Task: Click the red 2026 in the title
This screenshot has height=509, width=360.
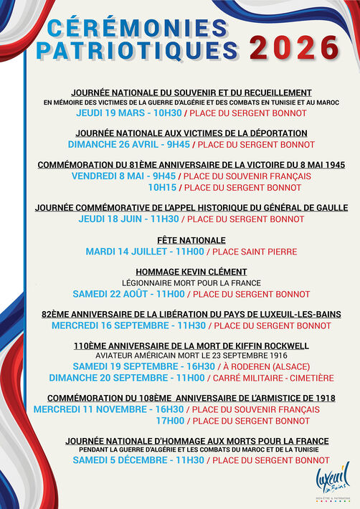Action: [x=294, y=49]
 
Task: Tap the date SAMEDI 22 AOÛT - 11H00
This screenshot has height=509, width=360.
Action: [x=129, y=294]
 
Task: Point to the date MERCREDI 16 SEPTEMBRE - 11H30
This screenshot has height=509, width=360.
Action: [x=128, y=325]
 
